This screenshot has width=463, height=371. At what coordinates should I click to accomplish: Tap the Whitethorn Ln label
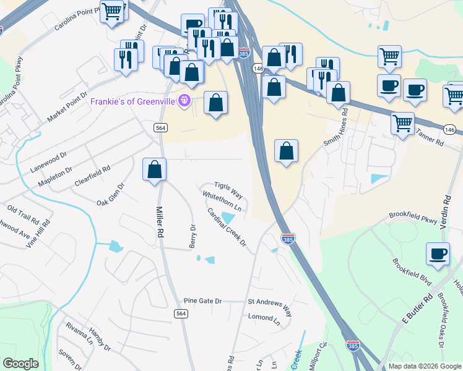click(x=222, y=202)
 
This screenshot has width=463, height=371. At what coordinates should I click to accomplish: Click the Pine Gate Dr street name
click(x=202, y=301)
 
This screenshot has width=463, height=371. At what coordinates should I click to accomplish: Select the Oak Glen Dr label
click(x=111, y=194)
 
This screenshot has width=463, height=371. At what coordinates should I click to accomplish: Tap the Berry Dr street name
click(x=193, y=236)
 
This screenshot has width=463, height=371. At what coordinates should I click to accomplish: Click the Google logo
click(x=20, y=363)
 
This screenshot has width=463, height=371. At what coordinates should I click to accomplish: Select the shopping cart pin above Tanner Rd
click(x=402, y=123)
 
